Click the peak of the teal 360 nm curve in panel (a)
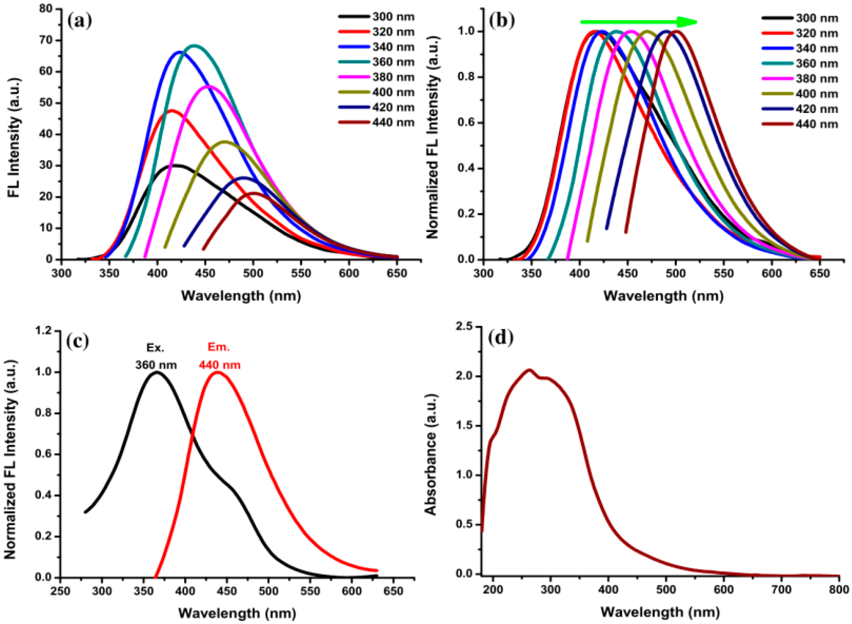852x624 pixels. tap(194, 46)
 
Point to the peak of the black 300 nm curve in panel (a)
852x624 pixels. tap(175, 165)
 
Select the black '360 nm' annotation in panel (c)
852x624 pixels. tap(156, 365)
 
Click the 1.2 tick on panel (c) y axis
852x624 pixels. tap(43, 331)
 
